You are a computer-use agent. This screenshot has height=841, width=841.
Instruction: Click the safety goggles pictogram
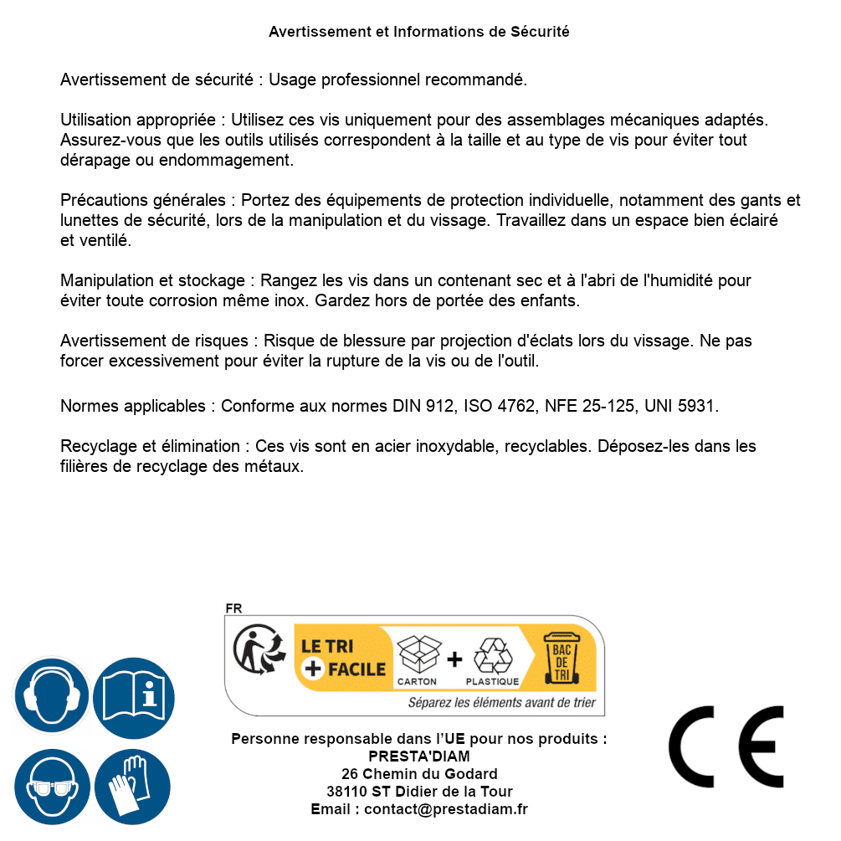tap(51, 786)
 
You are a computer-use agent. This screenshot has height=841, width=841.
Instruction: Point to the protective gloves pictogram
tap(132, 786)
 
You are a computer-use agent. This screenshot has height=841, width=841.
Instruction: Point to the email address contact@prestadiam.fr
tap(446, 809)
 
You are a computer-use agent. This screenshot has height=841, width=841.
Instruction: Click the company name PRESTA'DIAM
tap(419, 756)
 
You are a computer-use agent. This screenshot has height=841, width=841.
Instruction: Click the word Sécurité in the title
tap(540, 32)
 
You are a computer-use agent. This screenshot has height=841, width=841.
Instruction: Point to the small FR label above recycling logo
tap(233, 608)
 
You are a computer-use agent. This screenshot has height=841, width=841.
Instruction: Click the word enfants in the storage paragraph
tap(552, 300)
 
